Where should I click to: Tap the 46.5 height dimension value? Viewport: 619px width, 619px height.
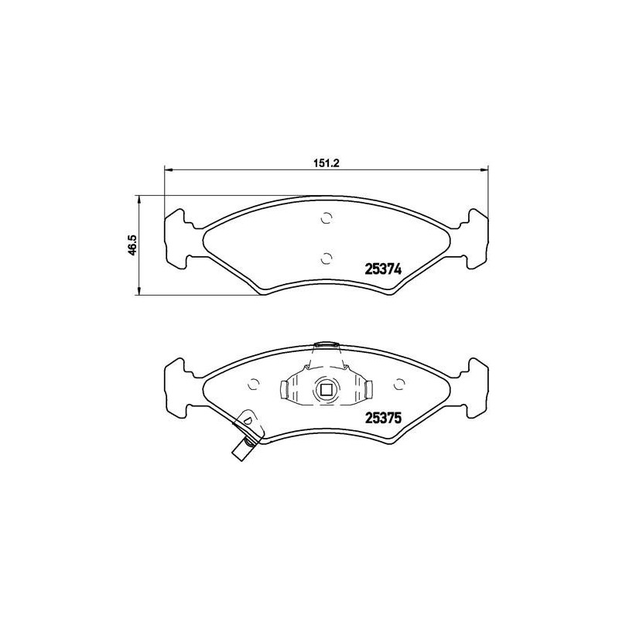pyautogui.click(x=132, y=245)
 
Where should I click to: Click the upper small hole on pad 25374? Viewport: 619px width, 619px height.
pyautogui.click(x=326, y=217)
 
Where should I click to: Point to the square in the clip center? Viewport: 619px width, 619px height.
pyautogui.click(x=326, y=389)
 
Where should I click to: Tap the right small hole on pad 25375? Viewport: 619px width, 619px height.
pyautogui.click(x=399, y=383)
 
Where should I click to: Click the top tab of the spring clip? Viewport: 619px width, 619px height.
pyautogui.click(x=326, y=345)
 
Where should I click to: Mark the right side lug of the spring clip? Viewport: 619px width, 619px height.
pyautogui.click(x=369, y=389)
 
